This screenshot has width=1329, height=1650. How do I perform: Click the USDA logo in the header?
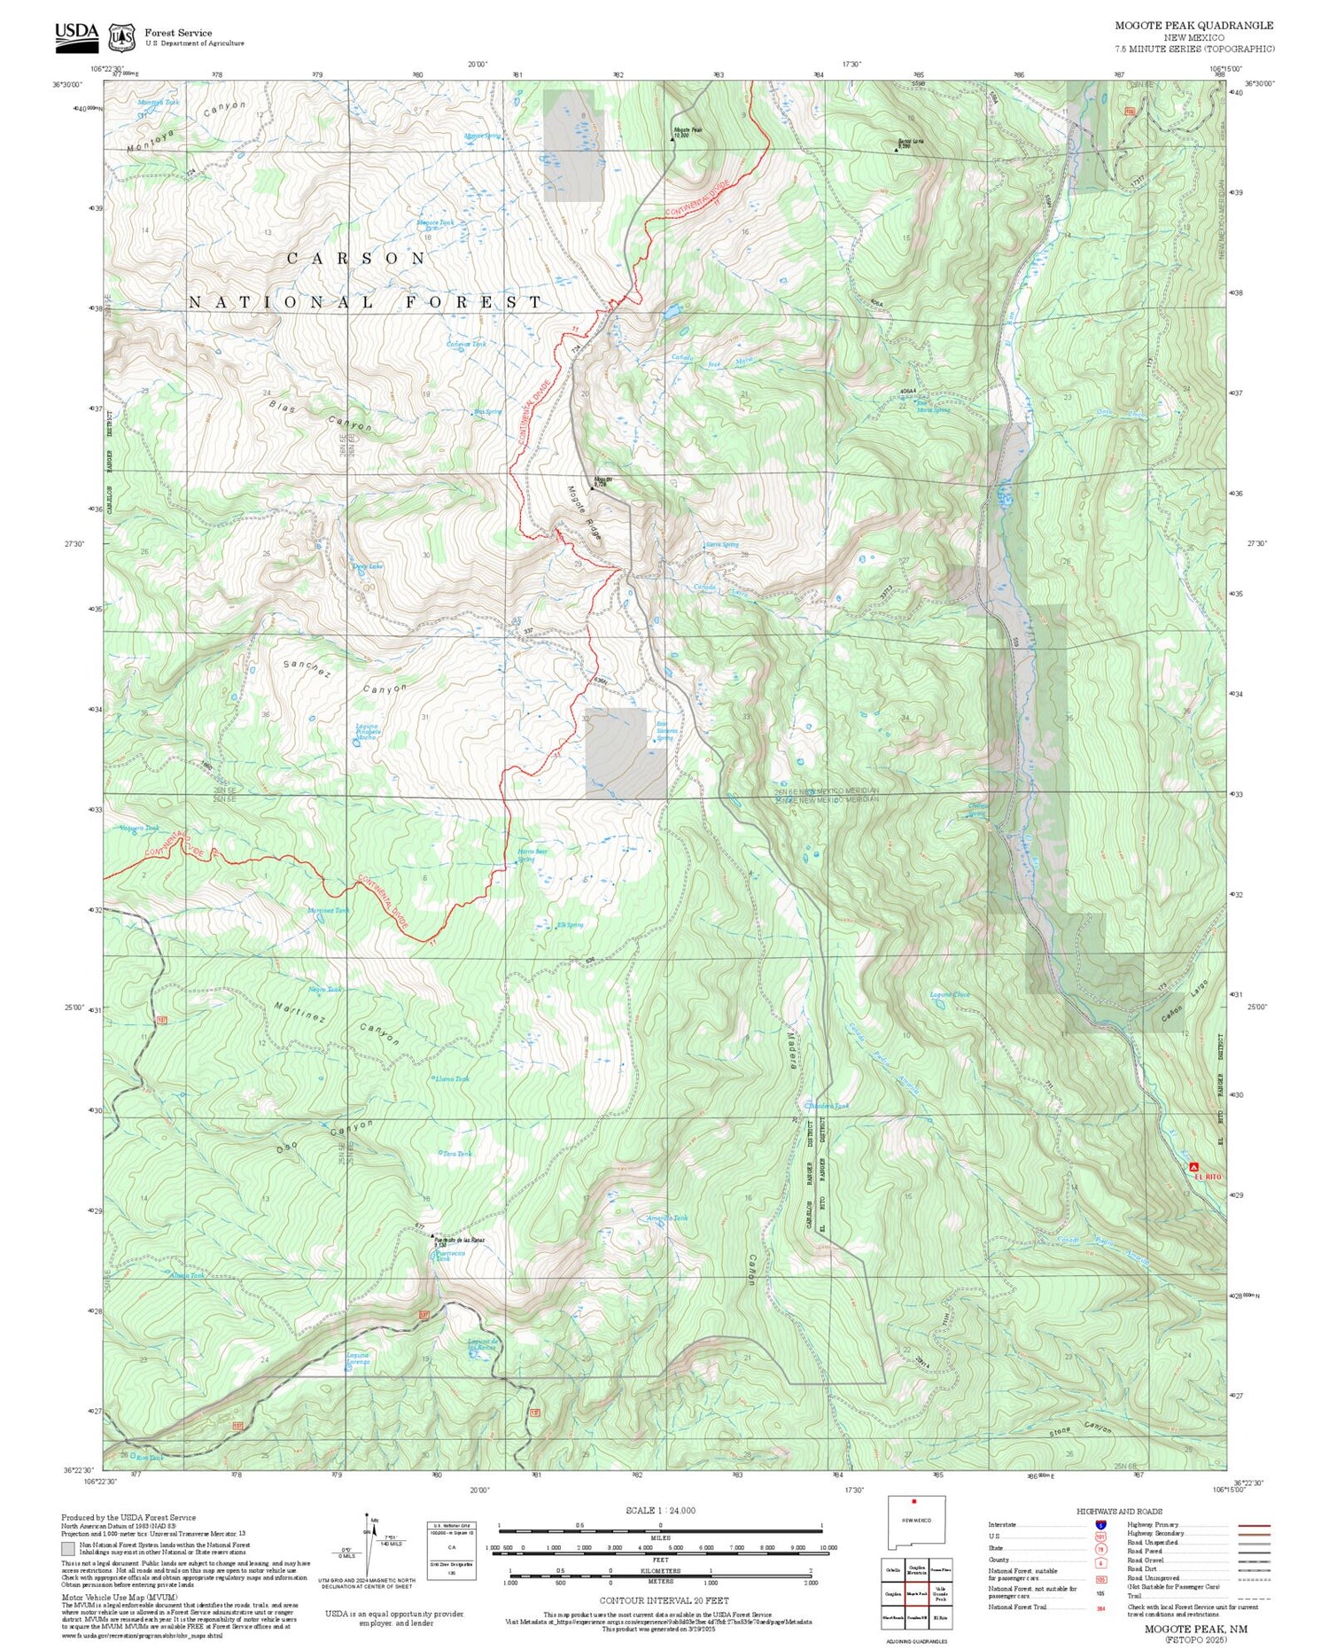pos(77,33)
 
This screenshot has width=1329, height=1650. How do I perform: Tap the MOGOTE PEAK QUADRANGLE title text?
pos(1193,26)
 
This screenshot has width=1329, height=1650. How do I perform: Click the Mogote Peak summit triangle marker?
pos(672,139)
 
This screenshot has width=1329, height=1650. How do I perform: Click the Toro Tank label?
pos(457,1153)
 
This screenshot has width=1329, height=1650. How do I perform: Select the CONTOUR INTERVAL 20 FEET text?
pos(664,1600)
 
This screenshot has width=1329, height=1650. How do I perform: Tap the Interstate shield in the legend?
pos(1101,1524)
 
